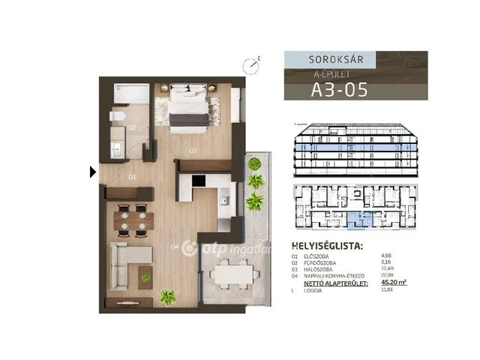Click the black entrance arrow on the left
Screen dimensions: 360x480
click(92, 172)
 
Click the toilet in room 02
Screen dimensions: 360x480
click(117, 116)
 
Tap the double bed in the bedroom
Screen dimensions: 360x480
click(187, 106)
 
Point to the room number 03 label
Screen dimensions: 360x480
click(193, 150)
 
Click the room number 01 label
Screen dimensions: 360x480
click(131, 178)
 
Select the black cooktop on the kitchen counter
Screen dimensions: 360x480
click(199, 181)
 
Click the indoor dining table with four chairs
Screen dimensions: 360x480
click(132, 219)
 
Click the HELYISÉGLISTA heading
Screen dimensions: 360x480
click(327, 246)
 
